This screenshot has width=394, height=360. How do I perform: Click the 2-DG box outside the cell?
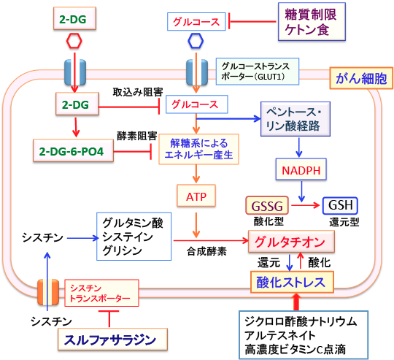pos(74,18)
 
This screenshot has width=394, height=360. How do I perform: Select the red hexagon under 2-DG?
pos(74,40)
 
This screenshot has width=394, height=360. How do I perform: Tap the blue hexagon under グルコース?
pos(196,41)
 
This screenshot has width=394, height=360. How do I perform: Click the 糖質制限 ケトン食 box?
pos(312,22)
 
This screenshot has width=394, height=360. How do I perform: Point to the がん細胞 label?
pos(361,78)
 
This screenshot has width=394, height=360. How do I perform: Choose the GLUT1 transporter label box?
pos(258,72)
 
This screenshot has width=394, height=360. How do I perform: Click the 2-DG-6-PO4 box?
pos(73,150)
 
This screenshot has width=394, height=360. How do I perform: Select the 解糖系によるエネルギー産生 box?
pos(198,149)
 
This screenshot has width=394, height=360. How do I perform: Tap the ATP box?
pos(196,196)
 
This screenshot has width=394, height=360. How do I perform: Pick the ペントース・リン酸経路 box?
pos(295,119)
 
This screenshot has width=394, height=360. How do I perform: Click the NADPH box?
pos(301,169)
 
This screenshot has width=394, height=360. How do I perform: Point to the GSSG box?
pos(267,206)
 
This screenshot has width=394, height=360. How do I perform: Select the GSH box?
pos(340,206)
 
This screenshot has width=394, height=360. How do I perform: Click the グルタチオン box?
pos(291,242)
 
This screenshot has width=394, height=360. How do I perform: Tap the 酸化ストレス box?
pos(292,282)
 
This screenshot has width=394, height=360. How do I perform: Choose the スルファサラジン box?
pos(112,340)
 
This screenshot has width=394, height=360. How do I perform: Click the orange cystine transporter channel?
pos(48,292)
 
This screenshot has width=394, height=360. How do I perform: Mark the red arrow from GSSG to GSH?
pos(305,205)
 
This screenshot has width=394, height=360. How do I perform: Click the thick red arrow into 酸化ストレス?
pos(296,302)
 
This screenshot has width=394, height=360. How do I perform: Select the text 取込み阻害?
pos(138,92)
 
